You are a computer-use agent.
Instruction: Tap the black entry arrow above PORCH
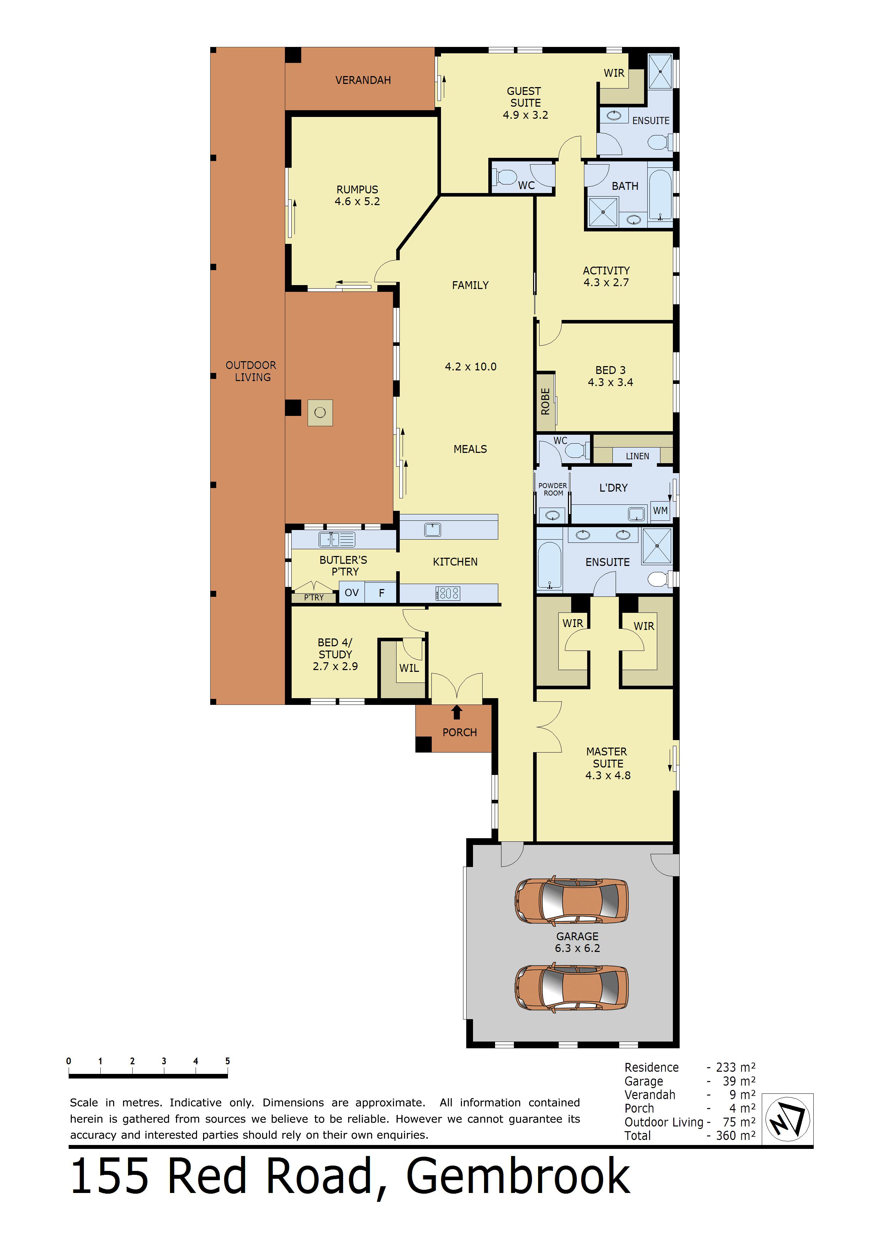click(x=457, y=712)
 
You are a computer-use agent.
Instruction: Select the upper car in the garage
click(x=572, y=900)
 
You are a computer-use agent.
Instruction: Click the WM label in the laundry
click(x=660, y=510)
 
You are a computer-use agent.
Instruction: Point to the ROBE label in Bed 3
click(x=546, y=401)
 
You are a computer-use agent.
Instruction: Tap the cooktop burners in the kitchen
click(x=448, y=593)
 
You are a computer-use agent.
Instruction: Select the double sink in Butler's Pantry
click(x=337, y=539)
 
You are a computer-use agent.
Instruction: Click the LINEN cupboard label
click(x=637, y=456)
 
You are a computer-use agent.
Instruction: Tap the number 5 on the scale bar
click(x=228, y=1061)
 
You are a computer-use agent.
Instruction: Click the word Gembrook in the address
click(x=518, y=1176)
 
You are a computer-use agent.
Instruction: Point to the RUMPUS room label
click(x=357, y=189)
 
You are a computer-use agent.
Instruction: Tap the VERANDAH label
click(x=363, y=80)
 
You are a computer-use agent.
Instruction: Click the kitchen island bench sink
click(x=432, y=530)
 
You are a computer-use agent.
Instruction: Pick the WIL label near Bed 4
click(x=409, y=668)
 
